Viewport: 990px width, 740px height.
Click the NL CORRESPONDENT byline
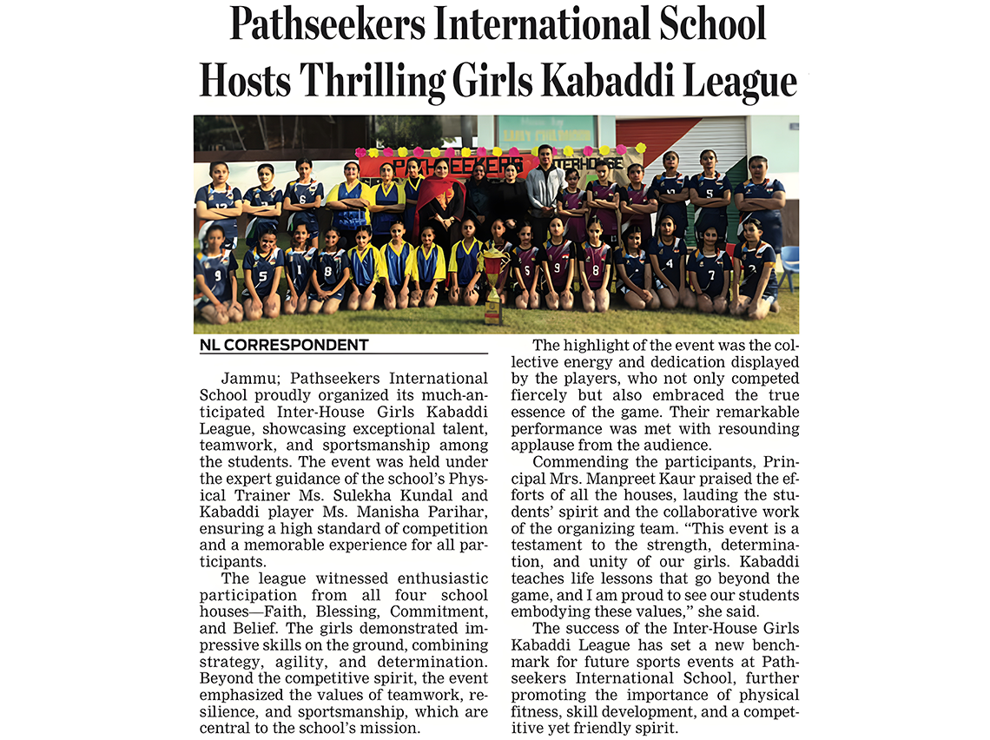tap(284, 345)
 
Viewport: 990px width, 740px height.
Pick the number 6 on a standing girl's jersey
tap(301, 197)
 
